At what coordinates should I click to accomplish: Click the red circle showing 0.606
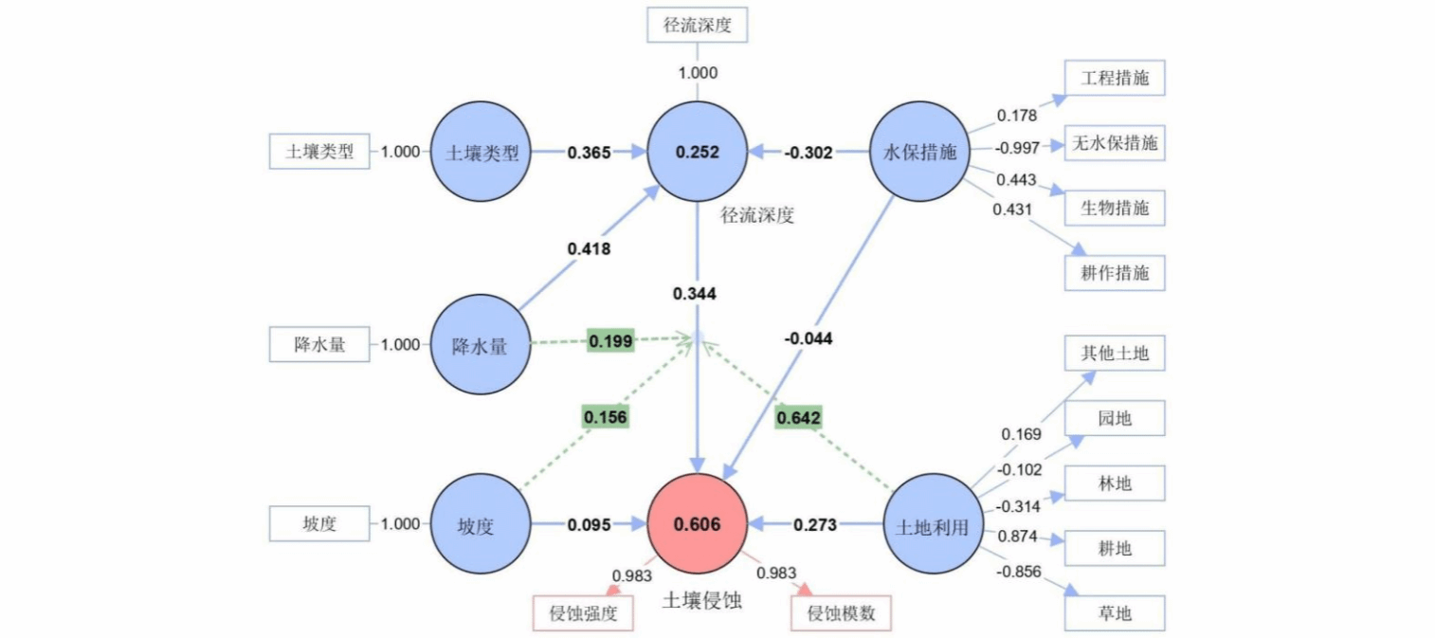(x=698, y=524)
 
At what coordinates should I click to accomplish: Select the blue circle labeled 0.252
(x=698, y=152)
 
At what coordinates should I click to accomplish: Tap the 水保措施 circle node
(x=919, y=152)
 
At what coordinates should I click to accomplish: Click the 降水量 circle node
(x=480, y=345)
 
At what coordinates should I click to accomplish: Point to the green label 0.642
(x=798, y=417)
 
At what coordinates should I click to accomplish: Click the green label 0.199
(x=610, y=339)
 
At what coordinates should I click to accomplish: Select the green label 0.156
(x=606, y=416)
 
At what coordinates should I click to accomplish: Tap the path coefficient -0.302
(x=808, y=152)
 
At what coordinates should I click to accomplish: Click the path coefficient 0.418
(x=590, y=248)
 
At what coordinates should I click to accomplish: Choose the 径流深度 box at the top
(x=698, y=25)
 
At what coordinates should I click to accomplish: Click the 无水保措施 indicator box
(x=1115, y=144)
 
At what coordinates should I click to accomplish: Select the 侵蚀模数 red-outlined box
(x=841, y=613)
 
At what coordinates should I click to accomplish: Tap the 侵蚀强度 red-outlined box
(x=583, y=613)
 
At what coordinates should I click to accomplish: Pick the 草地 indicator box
(x=1114, y=612)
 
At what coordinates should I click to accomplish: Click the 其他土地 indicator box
(x=1115, y=354)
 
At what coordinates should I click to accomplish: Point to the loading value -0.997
(x=1017, y=147)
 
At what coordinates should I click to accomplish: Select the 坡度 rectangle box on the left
(x=319, y=523)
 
